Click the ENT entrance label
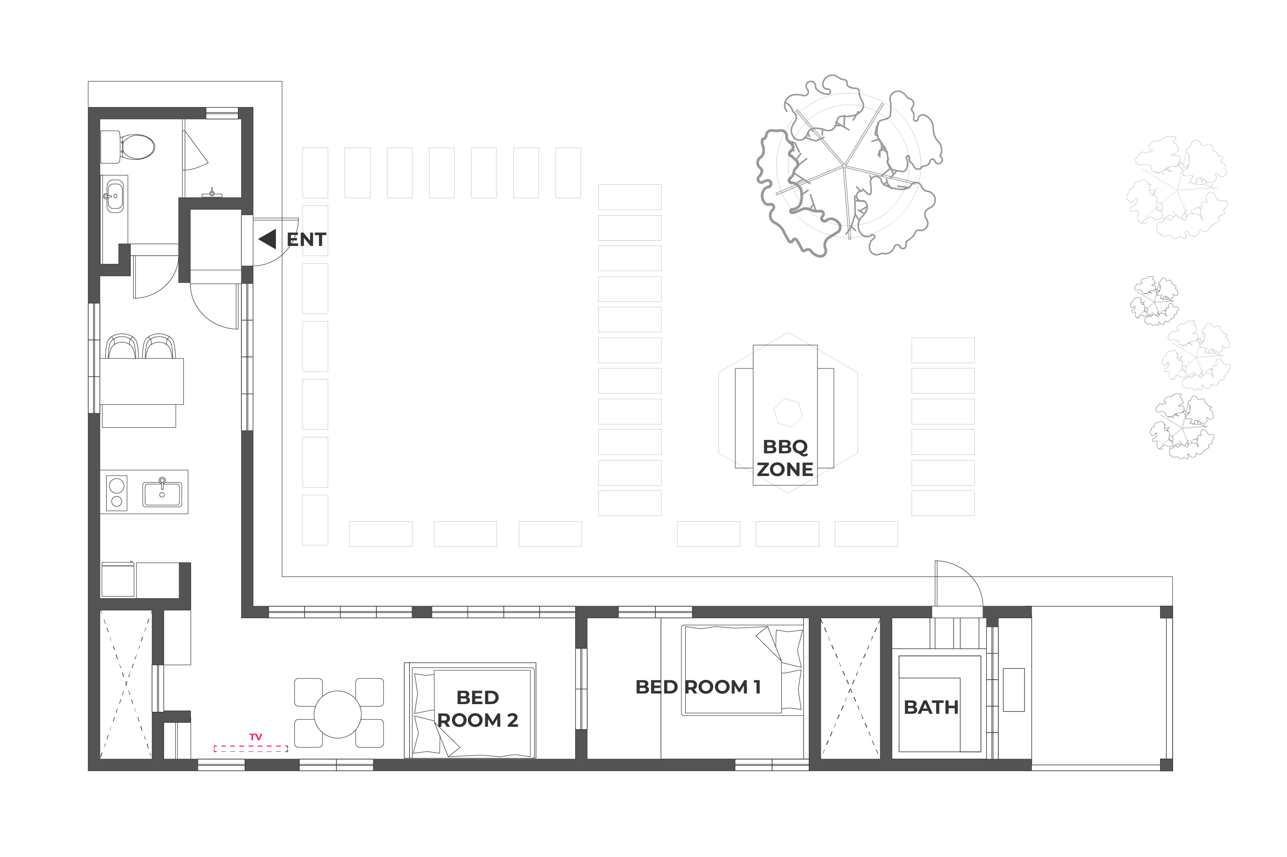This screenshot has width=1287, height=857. (306, 239)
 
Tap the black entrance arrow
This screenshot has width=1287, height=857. (268, 239)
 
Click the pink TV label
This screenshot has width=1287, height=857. (255, 737)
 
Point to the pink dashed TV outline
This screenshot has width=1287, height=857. (251, 749)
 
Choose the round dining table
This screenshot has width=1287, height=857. (337, 714)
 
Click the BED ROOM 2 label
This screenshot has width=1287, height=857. (477, 709)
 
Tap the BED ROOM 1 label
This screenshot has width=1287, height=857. (698, 687)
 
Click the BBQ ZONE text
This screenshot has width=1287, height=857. (785, 458)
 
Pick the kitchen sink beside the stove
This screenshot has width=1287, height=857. (162, 493)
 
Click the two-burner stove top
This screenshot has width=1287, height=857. (116, 493)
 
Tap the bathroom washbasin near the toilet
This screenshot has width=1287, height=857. (114, 196)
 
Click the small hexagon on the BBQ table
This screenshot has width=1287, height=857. (788, 412)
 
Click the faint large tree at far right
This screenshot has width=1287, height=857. (1176, 188)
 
